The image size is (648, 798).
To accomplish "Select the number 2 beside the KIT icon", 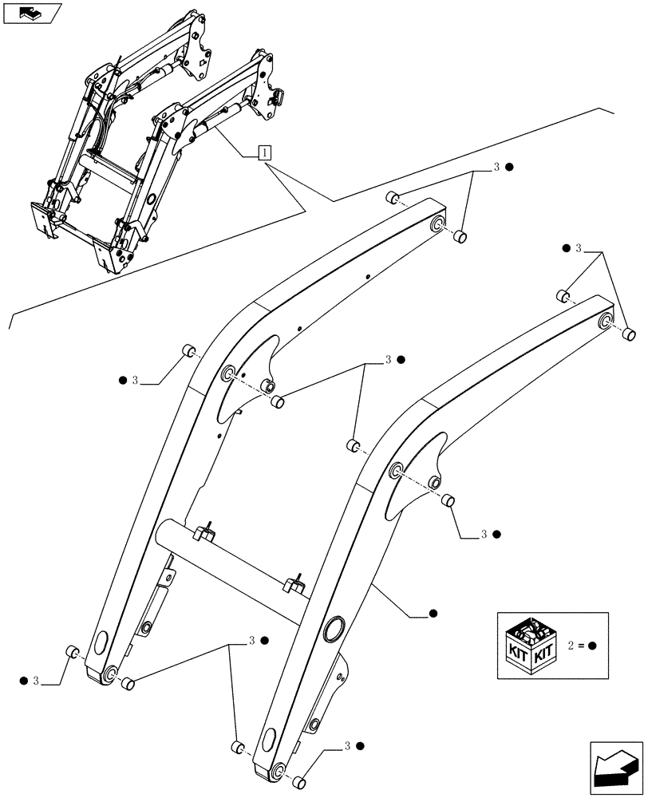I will (x=571, y=646).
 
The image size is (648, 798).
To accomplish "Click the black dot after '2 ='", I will (x=593, y=646).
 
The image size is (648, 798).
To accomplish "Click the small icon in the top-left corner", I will (x=31, y=13).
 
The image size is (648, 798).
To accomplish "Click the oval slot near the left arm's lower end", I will (x=103, y=642).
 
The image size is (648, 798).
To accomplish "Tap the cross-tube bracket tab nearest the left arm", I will (x=207, y=531).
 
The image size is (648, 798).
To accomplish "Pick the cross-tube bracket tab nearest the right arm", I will (x=296, y=583).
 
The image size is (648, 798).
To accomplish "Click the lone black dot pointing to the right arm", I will (x=433, y=614).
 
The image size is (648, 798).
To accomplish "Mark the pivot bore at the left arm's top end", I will (x=438, y=227).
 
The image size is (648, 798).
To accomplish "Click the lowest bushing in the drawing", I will (x=298, y=783).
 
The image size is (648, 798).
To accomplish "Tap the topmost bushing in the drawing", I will (x=392, y=198).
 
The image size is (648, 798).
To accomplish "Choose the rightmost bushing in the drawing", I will (x=629, y=334).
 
